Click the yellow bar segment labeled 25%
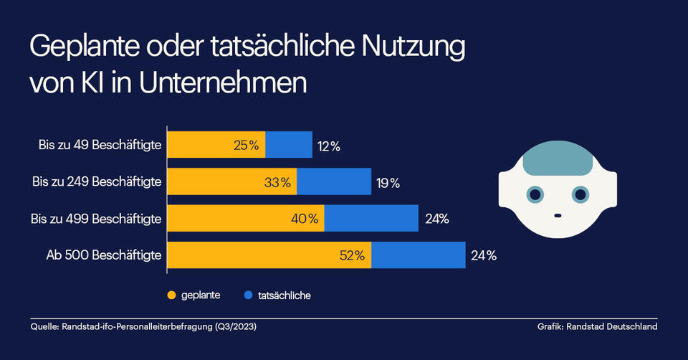point(216,145)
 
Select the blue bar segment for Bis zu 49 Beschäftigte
point(289,145)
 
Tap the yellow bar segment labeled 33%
point(231,182)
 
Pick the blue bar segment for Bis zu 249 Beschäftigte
point(333,182)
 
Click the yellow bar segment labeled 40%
point(245,218)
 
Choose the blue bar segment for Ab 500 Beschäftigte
point(418,255)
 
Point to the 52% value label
point(353,255)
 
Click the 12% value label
point(328,146)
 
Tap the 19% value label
point(388,183)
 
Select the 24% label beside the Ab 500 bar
point(483,255)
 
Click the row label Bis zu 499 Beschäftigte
point(97,218)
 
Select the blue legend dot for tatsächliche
point(248,295)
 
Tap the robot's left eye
point(534,194)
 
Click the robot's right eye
point(580,194)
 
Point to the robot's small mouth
point(557,214)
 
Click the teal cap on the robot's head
point(557,158)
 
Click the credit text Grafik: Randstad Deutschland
point(597,327)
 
